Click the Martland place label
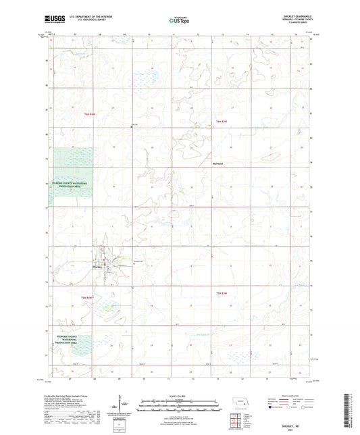coord(217,163)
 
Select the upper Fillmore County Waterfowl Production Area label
coord(75,184)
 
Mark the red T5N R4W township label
coord(86,297)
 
